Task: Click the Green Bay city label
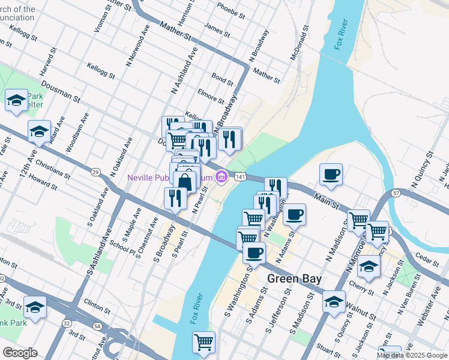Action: point(294,279)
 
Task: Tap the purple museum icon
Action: point(221,176)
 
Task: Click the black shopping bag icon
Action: point(187,182)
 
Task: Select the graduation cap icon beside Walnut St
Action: point(333,302)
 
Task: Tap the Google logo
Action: point(20,353)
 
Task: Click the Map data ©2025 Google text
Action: point(412,355)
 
